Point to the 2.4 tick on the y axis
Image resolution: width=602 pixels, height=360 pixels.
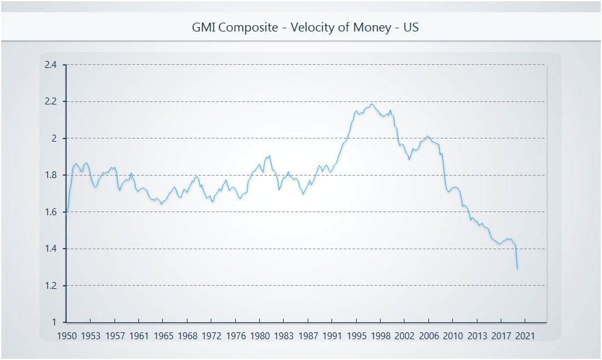point(50,65)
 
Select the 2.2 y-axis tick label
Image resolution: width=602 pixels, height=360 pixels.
point(50,101)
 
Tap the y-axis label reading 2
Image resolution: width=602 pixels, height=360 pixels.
point(54,138)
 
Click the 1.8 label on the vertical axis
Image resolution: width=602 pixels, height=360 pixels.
point(50,175)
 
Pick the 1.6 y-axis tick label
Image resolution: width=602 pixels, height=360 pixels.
point(50,212)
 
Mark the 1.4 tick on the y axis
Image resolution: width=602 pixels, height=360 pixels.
point(50,249)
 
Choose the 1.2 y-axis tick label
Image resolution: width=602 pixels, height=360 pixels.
point(50,286)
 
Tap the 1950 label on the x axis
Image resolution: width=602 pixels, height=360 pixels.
point(66,336)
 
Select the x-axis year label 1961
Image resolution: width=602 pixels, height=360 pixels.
point(138,336)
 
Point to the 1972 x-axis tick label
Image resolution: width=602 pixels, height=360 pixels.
point(211,336)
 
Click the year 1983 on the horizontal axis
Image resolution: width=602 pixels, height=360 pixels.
point(284,336)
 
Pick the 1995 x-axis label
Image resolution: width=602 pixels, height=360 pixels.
point(356,336)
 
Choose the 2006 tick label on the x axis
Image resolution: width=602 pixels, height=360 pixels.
point(428,336)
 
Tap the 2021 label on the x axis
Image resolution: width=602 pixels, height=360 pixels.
point(525,336)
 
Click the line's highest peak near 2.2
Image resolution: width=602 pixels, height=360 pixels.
point(372,104)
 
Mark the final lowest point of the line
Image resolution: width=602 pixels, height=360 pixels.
point(517,269)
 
